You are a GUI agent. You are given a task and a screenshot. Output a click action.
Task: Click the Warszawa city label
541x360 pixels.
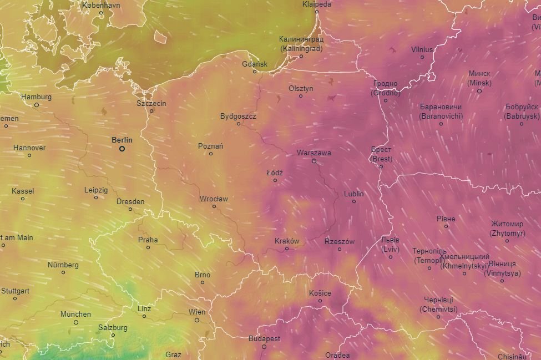click(x=314, y=152)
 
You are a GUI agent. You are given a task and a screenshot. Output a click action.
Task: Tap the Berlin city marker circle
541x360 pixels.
click(x=122, y=149)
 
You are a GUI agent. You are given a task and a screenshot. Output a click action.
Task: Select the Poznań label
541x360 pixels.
click(x=210, y=146)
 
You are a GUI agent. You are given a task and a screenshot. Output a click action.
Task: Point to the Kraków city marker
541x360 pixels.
click(x=287, y=249)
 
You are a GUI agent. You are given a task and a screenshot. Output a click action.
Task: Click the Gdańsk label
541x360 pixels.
click(x=255, y=64)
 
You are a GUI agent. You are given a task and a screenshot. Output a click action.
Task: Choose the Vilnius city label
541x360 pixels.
click(x=422, y=49)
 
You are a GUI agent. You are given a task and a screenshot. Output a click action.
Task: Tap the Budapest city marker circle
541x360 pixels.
click(x=264, y=347)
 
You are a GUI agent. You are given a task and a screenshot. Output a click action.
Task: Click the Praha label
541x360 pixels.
click(x=148, y=240)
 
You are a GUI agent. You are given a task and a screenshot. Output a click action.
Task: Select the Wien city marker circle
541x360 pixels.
click(x=197, y=320)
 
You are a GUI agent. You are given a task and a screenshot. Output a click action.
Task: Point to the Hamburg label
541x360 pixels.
click(x=36, y=97)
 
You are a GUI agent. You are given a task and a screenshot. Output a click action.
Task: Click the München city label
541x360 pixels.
click(x=75, y=314)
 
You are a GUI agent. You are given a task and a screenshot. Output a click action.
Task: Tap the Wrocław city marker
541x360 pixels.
click(x=214, y=206)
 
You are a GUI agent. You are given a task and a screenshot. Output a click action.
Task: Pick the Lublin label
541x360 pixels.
click(x=353, y=194)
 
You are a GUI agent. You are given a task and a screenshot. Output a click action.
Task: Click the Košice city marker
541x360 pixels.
click(x=320, y=301)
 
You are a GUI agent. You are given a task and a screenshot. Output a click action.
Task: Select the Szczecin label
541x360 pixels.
click(x=151, y=103)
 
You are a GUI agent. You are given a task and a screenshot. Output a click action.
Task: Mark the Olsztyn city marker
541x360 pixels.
click(x=301, y=96)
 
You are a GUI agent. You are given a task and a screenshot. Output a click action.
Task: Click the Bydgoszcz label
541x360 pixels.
click(x=238, y=116)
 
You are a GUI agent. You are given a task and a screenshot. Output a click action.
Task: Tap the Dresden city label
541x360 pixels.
click(x=130, y=201)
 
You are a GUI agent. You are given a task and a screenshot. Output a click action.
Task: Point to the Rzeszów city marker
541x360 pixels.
click(x=340, y=249)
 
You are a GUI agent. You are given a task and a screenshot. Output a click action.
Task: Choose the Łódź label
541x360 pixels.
click(x=275, y=173)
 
